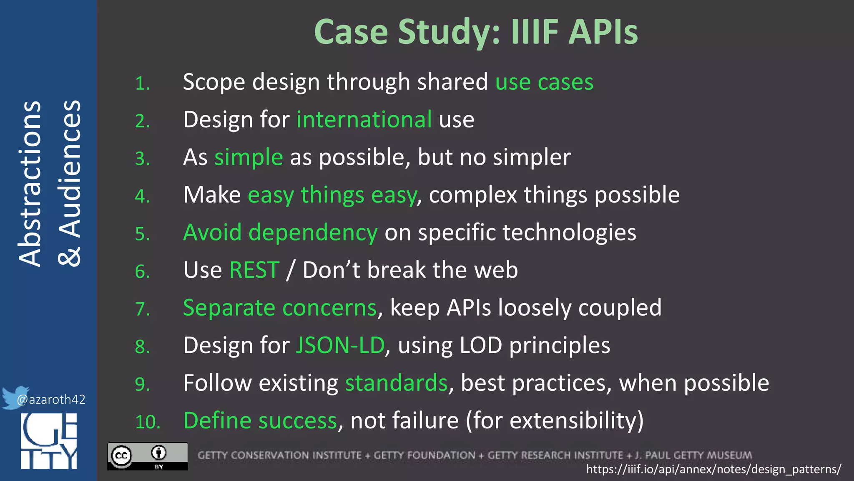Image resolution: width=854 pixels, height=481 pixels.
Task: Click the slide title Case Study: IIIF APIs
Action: tap(476, 32)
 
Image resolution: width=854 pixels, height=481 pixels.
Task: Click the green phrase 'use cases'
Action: tap(544, 82)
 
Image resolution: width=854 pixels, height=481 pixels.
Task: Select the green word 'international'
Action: tap(364, 119)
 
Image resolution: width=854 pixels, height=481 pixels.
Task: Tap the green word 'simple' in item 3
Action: tap(249, 157)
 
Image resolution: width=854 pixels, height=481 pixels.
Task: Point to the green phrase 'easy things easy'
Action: tap(332, 195)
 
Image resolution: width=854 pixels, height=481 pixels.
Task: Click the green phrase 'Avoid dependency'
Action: tap(280, 233)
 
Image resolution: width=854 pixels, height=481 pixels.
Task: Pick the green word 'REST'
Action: tap(254, 270)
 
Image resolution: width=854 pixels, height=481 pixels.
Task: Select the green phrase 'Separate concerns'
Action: tap(280, 308)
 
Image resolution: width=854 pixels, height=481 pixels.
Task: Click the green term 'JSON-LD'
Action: tap(340, 346)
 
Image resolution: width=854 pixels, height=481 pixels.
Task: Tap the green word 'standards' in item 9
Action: tap(396, 383)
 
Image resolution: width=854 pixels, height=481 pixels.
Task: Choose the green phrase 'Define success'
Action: tap(260, 421)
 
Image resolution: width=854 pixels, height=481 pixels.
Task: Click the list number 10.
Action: tap(148, 422)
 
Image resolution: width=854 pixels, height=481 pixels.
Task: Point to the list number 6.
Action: tap(142, 271)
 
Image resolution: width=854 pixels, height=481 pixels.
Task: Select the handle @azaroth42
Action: tap(51, 400)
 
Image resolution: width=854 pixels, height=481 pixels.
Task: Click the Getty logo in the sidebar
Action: tap(49, 441)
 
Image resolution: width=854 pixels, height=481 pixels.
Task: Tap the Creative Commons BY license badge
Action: tap(148, 456)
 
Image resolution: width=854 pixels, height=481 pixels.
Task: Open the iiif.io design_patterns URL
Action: tap(713, 469)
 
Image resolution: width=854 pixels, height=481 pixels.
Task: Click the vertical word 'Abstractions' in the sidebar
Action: tap(30, 184)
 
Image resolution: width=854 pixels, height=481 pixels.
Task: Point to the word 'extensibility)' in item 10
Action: tap(577, 421)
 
